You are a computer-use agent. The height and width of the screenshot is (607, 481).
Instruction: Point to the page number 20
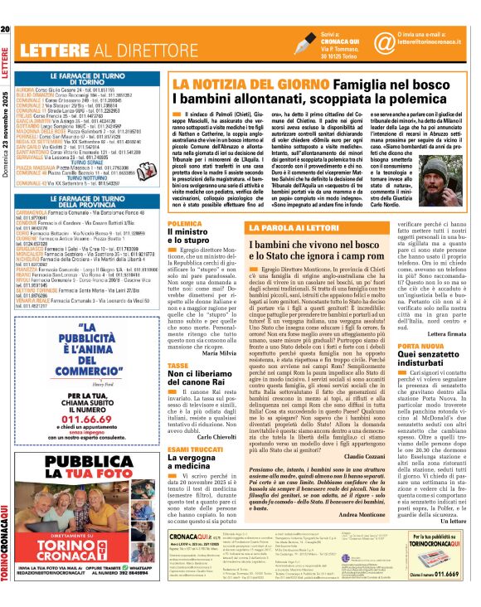pos(6,30)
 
